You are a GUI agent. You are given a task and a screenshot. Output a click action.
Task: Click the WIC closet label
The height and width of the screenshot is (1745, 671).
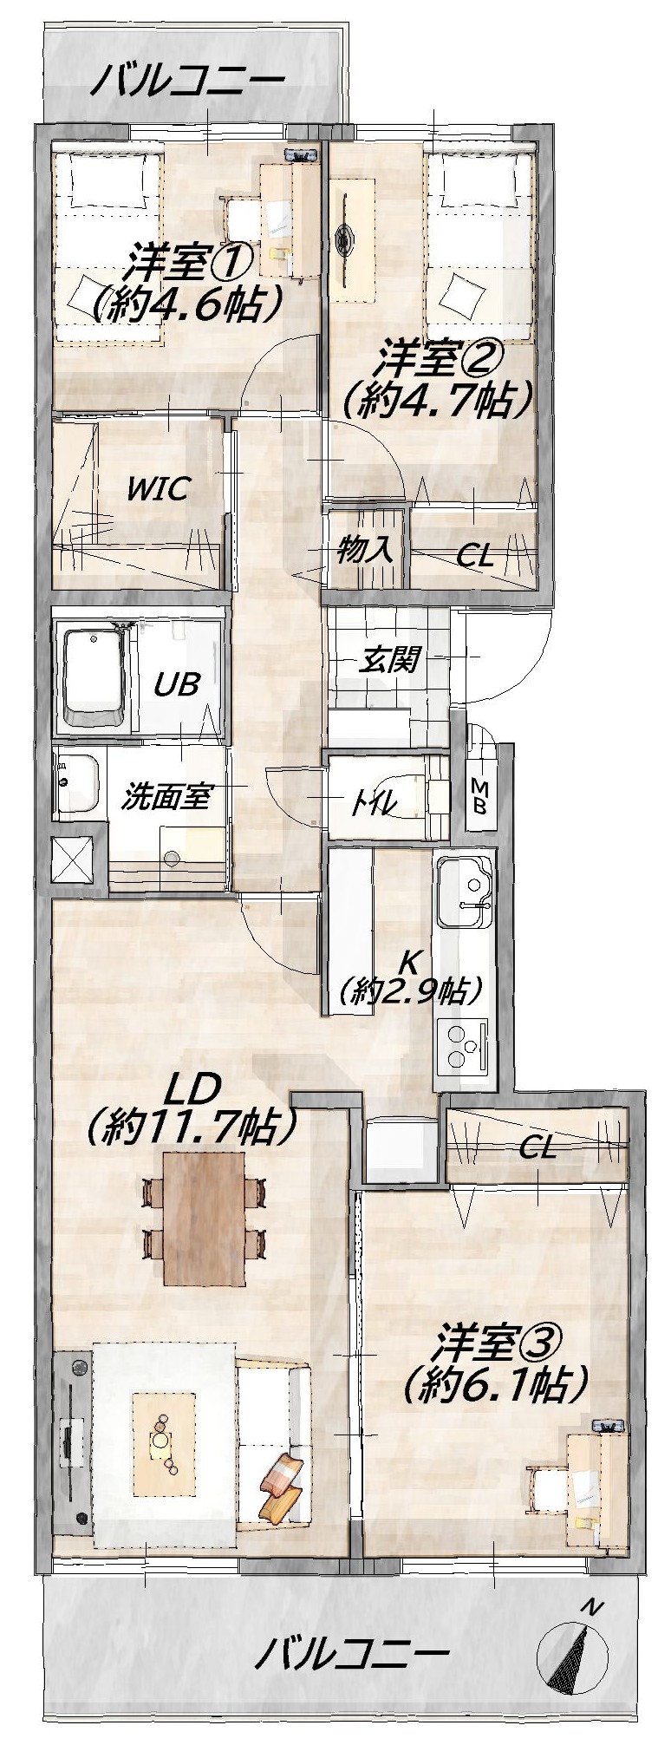[x=157, y=488]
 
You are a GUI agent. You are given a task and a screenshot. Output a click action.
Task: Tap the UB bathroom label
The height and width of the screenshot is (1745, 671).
[x=177, y=683]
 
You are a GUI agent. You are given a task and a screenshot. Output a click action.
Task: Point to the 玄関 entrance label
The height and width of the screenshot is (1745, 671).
[x=390, y=662]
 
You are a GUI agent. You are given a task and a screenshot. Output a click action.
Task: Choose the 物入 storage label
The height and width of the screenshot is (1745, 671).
[x=365, y=548]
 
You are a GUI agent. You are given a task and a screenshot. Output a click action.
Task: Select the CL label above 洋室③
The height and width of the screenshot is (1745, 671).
[x=537, y=1150]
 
